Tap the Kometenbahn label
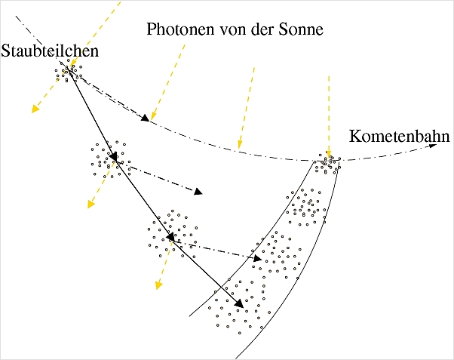click(399, 137)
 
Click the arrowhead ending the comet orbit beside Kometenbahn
click(434, 146)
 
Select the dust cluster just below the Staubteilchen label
click(69, 72)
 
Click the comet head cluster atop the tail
click(329, 163)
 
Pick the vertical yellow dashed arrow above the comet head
click(328, 113)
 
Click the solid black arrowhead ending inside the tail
click(240, 304)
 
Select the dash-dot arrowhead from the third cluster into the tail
click(259, 258)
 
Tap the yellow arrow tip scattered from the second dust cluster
click(90, 205)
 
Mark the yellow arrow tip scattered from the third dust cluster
click(158, 285)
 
